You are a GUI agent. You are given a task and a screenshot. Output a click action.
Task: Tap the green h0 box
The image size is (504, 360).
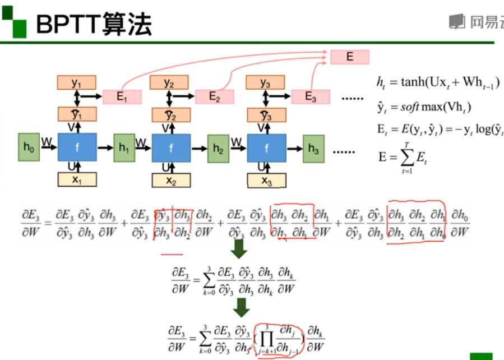pyautogui.click(x=29, y=147)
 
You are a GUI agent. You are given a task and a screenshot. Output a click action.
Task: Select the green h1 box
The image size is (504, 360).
pyautogui.click(x=124, y=148)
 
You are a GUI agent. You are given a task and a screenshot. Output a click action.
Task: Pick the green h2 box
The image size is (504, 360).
pyautogui.click(x=218, y=149)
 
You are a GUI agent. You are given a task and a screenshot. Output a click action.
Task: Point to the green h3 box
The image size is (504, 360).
pyautogui.click(x=313, y=149)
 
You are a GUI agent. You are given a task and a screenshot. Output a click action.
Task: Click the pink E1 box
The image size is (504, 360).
pyautogui.click(x=122, y=96)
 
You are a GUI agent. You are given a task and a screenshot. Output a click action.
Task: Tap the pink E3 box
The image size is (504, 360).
pyautogui.click(x=310, y=96)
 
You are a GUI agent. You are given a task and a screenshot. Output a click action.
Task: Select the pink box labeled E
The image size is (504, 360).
pyautogui.click(x=349, y=57)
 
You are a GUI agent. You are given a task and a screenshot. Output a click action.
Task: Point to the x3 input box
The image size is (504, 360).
pyautogui.click(x=266, y=181)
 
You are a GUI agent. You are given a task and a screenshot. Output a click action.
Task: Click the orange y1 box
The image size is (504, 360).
pyautogui.click(x=77, y=82)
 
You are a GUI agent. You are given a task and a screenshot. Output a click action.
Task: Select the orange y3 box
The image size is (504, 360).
pyautogui.click(x=266, y=83)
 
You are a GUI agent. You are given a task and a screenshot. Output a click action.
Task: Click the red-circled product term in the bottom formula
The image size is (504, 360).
pyautogui.click(x=279, y=339)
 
